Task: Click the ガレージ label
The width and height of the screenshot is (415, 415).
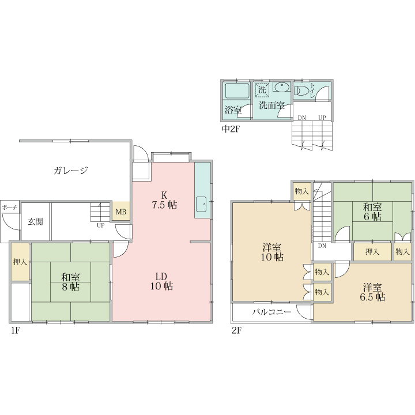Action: click(71, 171)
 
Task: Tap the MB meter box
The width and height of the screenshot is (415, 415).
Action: click(121, 212)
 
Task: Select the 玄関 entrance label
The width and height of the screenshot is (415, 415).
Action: click(36, 221)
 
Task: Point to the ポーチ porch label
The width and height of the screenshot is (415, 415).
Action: click(10, 207)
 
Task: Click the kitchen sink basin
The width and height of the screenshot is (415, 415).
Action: click(202, 204)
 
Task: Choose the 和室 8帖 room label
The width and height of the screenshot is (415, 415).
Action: click(70, 282)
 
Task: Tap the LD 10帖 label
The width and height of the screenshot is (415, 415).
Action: click(162, 281)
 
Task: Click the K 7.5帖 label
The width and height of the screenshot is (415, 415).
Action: click(164, 200)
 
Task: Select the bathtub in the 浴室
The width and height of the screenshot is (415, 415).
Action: click(237, 91)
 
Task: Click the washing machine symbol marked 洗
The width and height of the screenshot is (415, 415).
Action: click(262, 90)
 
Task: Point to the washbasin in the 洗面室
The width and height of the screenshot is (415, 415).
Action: click(282, 87)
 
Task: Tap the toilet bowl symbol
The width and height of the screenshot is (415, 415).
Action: click(302, 90)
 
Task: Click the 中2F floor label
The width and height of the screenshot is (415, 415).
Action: click(230, 129)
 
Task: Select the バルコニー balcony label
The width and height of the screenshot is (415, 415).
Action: click(271, 312)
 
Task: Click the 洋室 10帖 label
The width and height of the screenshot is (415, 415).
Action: click(272, 252)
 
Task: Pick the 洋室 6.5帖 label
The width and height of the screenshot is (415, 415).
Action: click(372, 292)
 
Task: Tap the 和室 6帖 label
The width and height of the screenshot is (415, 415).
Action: click(372, 212)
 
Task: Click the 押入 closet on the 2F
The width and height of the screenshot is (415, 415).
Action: click(373, 252)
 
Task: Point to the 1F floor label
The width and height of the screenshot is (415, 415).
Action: click(16, 330)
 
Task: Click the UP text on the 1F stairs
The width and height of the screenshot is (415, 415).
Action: click(100, 225)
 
